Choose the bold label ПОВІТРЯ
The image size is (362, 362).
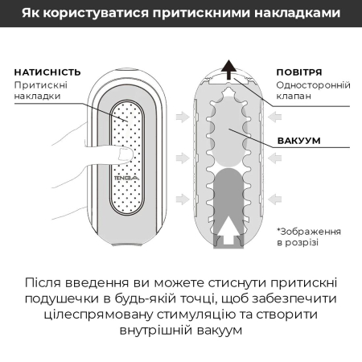point(299,71)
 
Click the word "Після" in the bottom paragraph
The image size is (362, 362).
point(48,286)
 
